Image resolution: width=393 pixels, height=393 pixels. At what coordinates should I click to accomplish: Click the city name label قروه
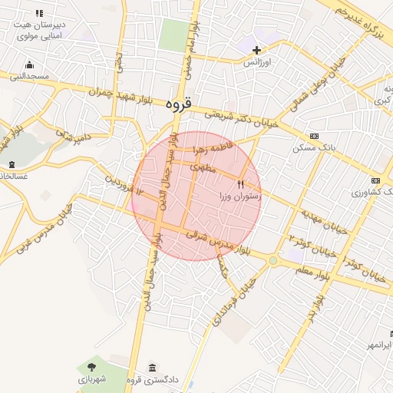pyautogui.click(x=179, y=103)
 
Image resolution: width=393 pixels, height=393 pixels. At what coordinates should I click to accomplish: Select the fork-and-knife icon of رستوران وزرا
pyautogui.click(x=241, y=184)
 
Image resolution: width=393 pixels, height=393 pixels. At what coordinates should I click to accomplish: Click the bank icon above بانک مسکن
pyautogui.click(x=313, y=135)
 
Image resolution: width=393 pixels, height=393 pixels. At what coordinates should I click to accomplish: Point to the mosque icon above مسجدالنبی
pyautogui.click(x=29, y=65)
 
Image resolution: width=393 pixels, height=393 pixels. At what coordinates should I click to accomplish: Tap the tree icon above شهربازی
pyautogui.click(x=92, y=367)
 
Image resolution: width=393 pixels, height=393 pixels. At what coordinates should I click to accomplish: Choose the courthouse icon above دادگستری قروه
pyautogui.click(x=153, y=367)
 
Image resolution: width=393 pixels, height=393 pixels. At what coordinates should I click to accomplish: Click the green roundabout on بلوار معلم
pyautogui.click(x=272, y=261)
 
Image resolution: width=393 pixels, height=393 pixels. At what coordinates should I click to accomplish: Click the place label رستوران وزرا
pyautogui.click(x=240, y=197)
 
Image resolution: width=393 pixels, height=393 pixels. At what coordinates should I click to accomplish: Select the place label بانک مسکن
pyautogui.click(x=312, y=147)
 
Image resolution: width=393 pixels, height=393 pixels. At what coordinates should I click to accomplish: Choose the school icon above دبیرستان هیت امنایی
pyautogui.click(x=39, y=13)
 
